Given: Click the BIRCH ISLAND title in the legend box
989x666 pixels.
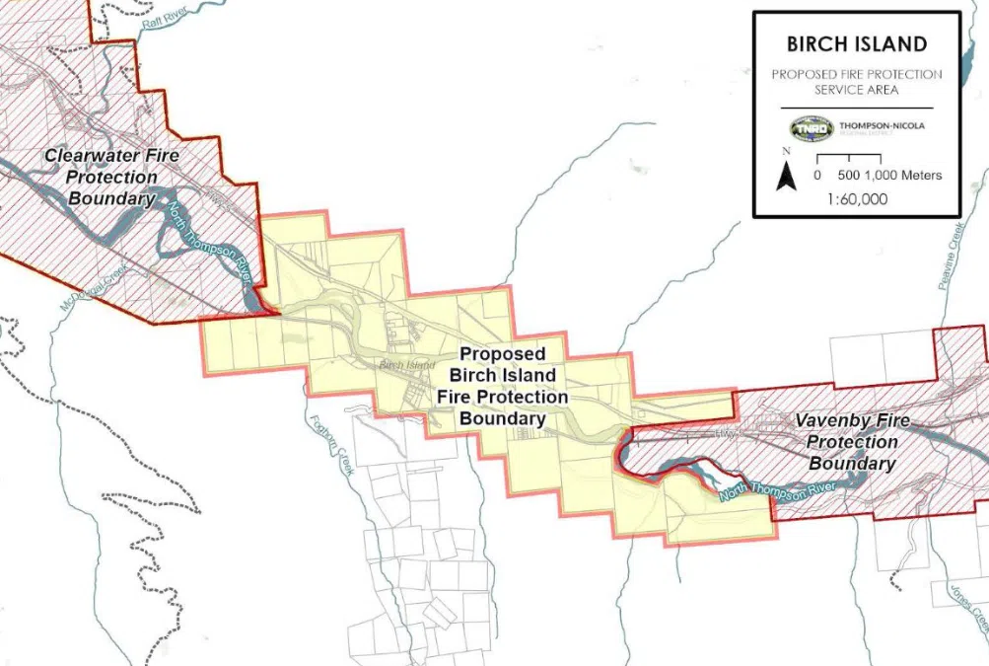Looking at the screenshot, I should (x=856, y=44).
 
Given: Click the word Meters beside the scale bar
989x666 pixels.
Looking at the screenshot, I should (x=921, y=176).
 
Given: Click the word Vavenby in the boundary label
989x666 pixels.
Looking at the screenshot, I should (x=834, y=420).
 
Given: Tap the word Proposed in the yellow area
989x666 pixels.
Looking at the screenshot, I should (x=502, y=353).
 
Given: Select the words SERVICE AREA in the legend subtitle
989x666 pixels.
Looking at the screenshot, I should (x=856, y=89).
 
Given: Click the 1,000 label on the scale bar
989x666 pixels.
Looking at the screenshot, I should (x=884, y=176).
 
